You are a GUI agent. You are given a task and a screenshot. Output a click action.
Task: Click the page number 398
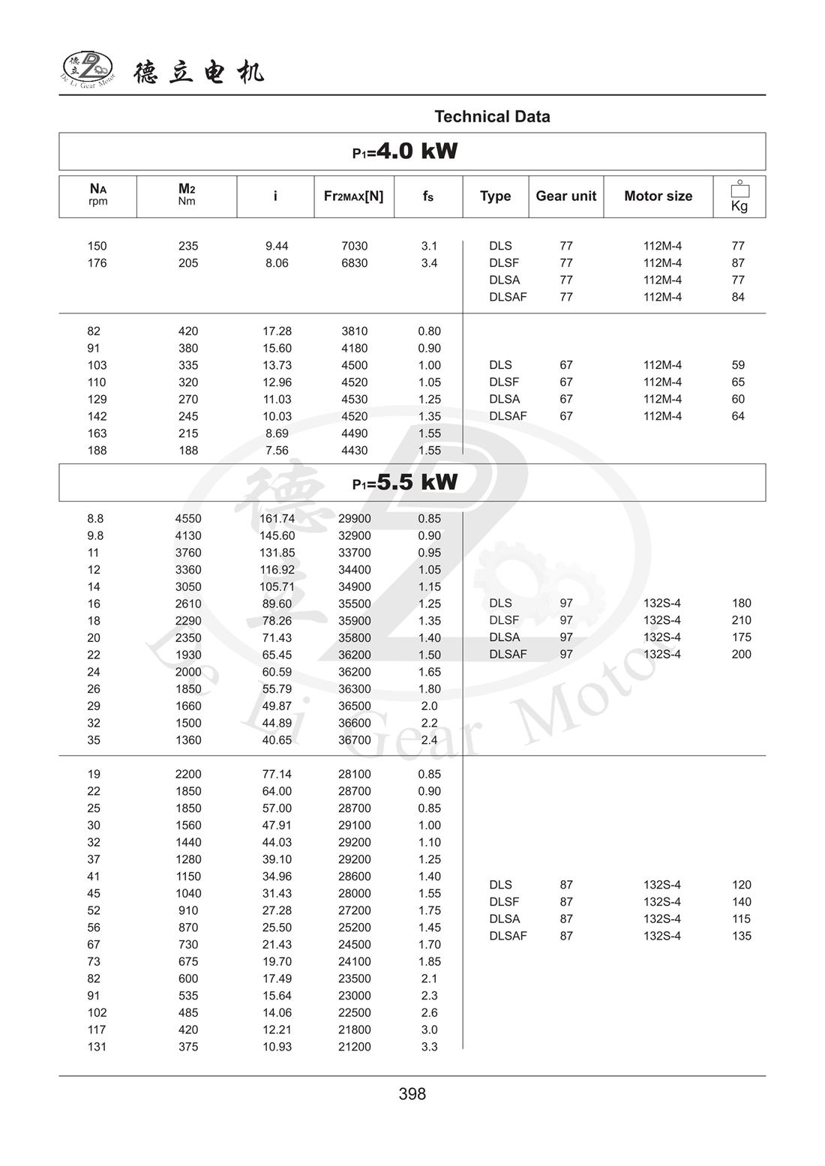[412, 1094]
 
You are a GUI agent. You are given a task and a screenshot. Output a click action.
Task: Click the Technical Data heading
[492, 117]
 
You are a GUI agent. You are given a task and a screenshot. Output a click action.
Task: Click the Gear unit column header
[565, 196]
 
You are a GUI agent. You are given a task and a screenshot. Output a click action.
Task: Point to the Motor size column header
[658, 196]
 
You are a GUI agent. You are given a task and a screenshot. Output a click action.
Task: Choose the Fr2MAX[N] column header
[353, 196]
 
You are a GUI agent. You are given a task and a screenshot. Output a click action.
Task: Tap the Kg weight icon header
[739, 196]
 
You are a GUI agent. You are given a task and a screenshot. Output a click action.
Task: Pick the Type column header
[495, 196]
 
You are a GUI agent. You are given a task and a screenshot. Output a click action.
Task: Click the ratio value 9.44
[277, 246]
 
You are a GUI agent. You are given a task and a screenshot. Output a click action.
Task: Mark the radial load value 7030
[354, 246]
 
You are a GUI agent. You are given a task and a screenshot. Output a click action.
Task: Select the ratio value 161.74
[277, 519]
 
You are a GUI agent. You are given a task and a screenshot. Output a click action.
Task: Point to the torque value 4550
[188, 519]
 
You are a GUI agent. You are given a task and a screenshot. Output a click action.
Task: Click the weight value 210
[741, 620]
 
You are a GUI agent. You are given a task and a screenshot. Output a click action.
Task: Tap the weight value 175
[741, 637]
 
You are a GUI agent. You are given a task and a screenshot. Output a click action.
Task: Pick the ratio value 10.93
[277, 1047]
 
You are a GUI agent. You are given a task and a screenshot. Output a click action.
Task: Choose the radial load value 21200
[354, 1047]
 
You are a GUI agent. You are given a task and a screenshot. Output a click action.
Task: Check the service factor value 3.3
[429, 1047]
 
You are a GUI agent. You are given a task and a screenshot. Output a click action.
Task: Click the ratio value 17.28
[277, 331]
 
